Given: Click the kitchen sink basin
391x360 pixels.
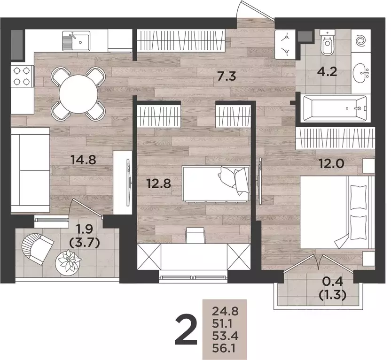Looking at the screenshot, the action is click(x=76, y=41).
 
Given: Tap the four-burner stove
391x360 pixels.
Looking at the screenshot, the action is click(x=22, y=76).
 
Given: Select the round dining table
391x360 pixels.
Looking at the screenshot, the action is click(x=78, y=94).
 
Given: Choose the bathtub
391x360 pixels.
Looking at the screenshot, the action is click(x=335, y=108).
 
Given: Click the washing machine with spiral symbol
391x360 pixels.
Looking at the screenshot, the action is click(x=361, y=41).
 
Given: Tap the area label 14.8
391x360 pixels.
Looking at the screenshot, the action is click(x=83, y=160).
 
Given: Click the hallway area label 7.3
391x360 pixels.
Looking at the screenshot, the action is click(x=227, y=76).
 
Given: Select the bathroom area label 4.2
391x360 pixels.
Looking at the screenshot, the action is click(x=327, y=72).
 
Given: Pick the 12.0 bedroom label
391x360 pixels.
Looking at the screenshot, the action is click(x=332, y=164).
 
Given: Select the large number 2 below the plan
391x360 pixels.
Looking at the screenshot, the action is click(x=186, y=330).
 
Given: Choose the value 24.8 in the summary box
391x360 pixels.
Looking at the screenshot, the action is click(x=226, y=311).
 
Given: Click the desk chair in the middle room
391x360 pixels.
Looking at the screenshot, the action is click(x=195, y=235).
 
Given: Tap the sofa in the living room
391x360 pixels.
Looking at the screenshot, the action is click(x=31, y=170).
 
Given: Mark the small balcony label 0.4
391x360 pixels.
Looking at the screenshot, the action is click(x=333, y=282).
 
